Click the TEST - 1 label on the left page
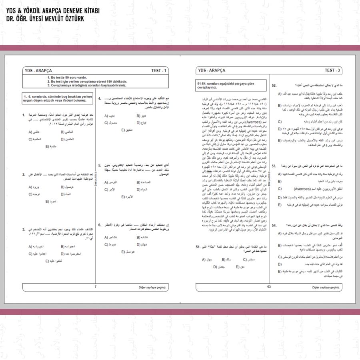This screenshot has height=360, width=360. [x=159, y=70]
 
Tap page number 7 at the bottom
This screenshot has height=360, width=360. [x=95, y=286]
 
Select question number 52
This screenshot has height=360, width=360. [x=274, y=86]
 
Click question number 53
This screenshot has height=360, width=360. [x=274, y=166]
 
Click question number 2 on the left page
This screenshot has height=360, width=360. [x=24, y=174]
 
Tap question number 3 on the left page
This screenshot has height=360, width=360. [x=24, y=230]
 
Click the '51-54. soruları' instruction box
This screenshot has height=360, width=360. [x=231, y=85]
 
